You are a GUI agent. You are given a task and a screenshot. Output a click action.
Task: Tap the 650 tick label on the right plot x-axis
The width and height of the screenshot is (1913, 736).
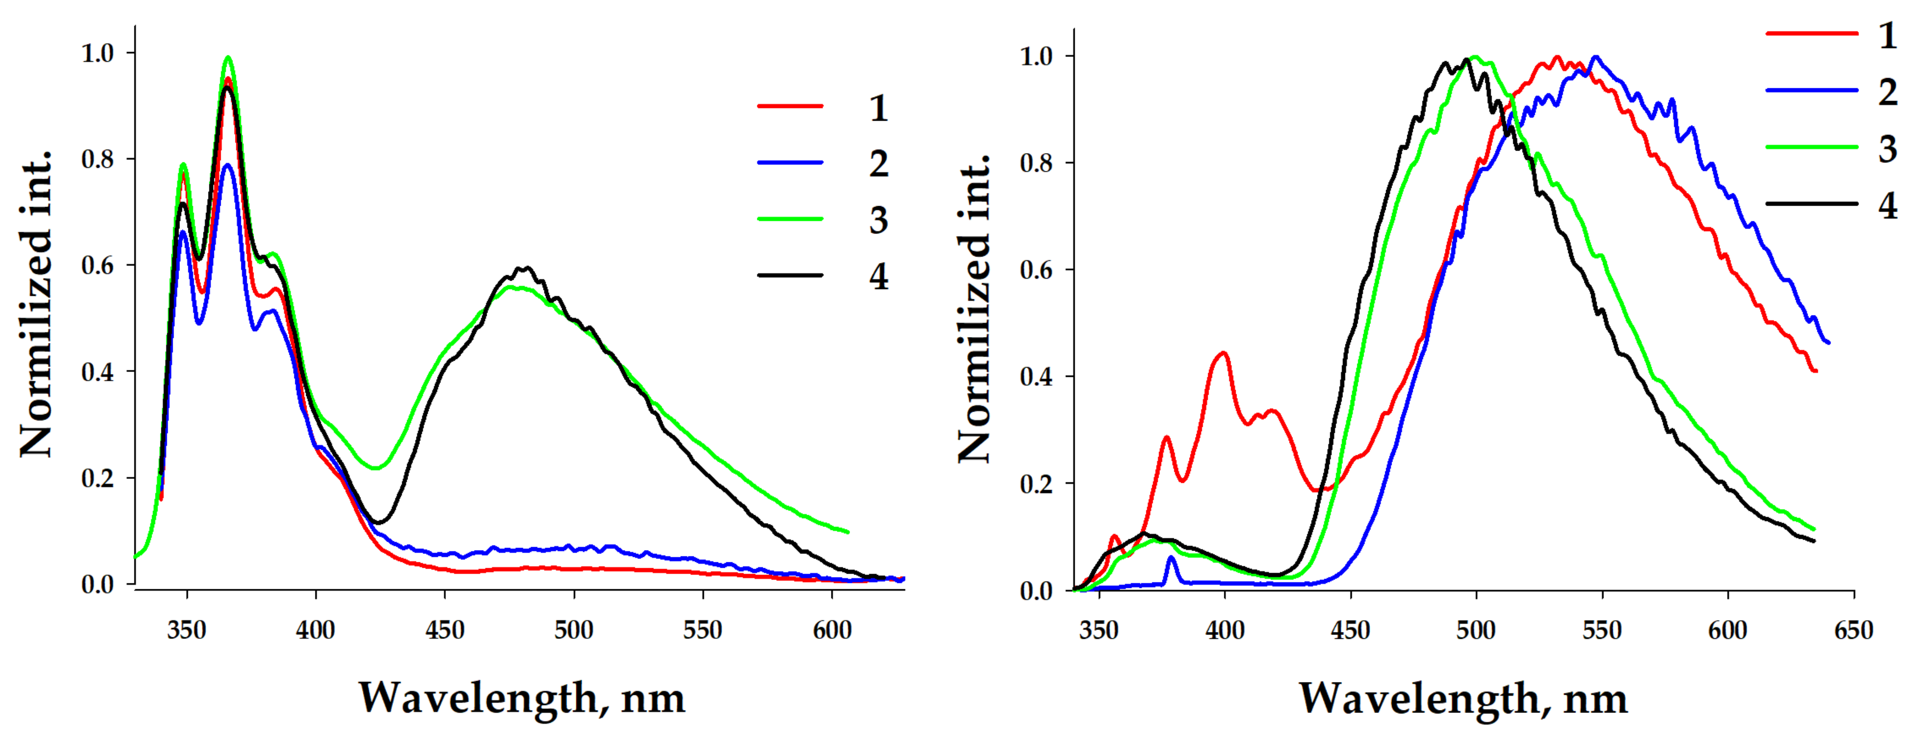point(1854,631)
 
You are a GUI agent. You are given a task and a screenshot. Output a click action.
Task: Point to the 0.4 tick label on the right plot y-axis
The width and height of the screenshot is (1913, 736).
point(1037,376)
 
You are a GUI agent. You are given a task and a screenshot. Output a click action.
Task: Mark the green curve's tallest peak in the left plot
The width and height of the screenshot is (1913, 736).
point(228,57)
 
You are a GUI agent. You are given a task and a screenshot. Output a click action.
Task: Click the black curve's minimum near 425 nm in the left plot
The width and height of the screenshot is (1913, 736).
point(379,523)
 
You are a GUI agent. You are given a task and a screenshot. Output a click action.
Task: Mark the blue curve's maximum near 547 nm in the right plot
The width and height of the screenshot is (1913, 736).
point(1595,57)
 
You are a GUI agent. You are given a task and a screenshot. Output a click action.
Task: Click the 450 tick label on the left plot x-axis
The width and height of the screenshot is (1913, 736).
point(444,631)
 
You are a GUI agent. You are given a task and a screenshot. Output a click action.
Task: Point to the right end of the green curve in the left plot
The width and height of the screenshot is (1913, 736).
point(847,532)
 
